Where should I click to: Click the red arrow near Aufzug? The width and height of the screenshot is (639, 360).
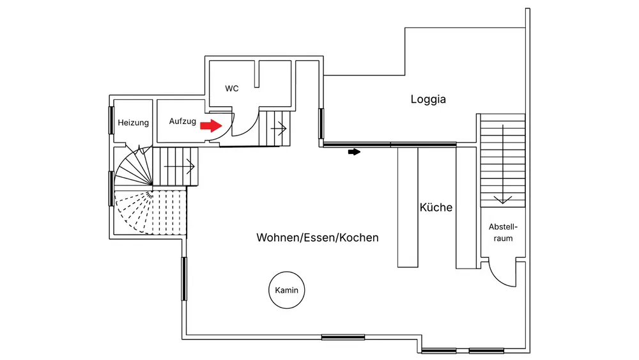[x=208, y=127]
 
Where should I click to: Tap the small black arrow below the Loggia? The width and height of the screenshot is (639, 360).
[x=353, y=152]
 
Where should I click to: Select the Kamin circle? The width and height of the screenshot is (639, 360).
[x=287, y=290]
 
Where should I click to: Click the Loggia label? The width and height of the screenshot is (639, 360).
[x=428, y=99]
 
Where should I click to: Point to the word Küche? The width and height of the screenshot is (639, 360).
[x=436, y=207]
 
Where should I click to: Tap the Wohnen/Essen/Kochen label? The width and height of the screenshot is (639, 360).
[x=318, y=238]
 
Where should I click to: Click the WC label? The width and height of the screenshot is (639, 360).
[x=232, y=88]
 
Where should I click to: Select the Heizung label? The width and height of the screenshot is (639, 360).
[x=133, y=123]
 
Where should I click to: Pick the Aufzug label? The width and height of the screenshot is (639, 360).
[x=183, y=121]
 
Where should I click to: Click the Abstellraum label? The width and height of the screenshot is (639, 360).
[x=503, y=233]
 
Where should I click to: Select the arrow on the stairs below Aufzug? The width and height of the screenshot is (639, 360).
[x=179, y=168]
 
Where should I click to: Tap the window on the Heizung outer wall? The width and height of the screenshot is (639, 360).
[x=111, y=120]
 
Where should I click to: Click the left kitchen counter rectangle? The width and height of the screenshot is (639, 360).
[x=408, y=206]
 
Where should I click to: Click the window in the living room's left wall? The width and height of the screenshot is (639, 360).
[x=184, y=278]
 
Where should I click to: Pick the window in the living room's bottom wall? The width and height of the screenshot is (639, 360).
[x=343, y=337]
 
